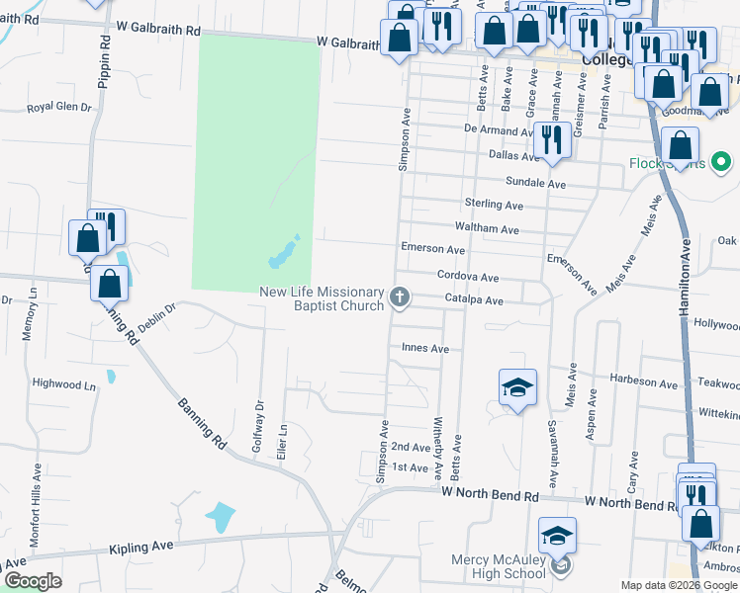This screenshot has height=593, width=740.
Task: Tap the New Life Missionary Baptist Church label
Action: click(x=322, y=298)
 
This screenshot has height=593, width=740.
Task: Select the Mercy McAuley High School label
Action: click(x=498, y=566)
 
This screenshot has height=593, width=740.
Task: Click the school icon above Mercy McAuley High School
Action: click(x=557, y=536)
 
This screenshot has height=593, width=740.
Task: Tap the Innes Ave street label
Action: click(x=425, y=348)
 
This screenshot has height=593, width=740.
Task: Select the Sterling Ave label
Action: click(x=493, y=204)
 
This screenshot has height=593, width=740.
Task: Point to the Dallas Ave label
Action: click(x=514, y=155)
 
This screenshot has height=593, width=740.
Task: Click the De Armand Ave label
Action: click(x=500, y=129)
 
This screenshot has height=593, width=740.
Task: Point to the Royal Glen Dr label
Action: click(x=58, y=107)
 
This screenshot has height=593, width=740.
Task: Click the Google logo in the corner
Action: click(x=33, y=581)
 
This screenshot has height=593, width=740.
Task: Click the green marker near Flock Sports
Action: click(x=721, y=162)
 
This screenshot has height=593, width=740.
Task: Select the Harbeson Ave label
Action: click(x=644, y=381)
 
